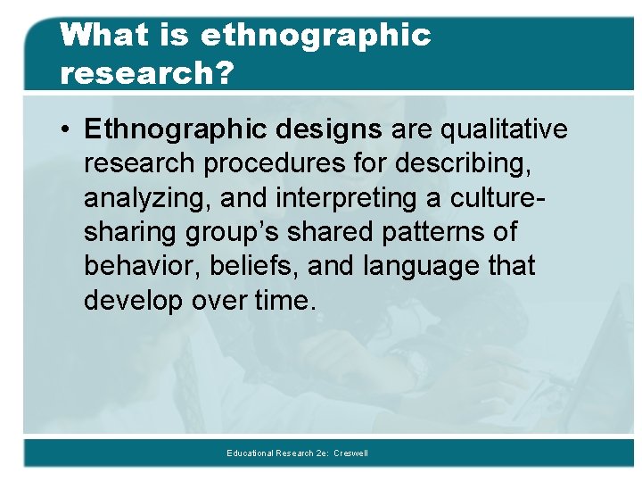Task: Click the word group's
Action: [x=233, y=232]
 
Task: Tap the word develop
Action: [x=133, y=301]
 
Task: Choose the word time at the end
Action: [x=284, y=301]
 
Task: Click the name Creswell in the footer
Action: [x=350, y=453]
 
